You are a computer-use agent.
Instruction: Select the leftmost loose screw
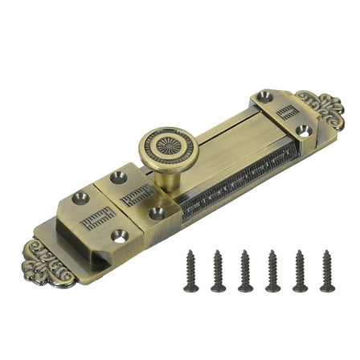click(x=191, y=271)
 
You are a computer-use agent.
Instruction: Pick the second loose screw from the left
click(x=219, y=271)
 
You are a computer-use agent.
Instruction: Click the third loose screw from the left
click(x=246, y=271)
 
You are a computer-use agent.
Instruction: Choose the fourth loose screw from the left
click(x=273, y=271)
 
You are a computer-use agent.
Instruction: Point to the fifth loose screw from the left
click(x=300, y=271)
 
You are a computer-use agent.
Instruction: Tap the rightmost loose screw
click(x=327, y=271)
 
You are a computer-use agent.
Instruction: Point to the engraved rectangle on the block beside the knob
click(x=137, y=193)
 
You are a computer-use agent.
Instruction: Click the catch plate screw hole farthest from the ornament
click(x=265, y=96)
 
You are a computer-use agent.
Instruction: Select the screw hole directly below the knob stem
click(x=157, y=213)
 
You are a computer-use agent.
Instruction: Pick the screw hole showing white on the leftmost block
click(x=120, y=235)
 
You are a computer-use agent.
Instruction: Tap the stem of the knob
click(x=170, y=178)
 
